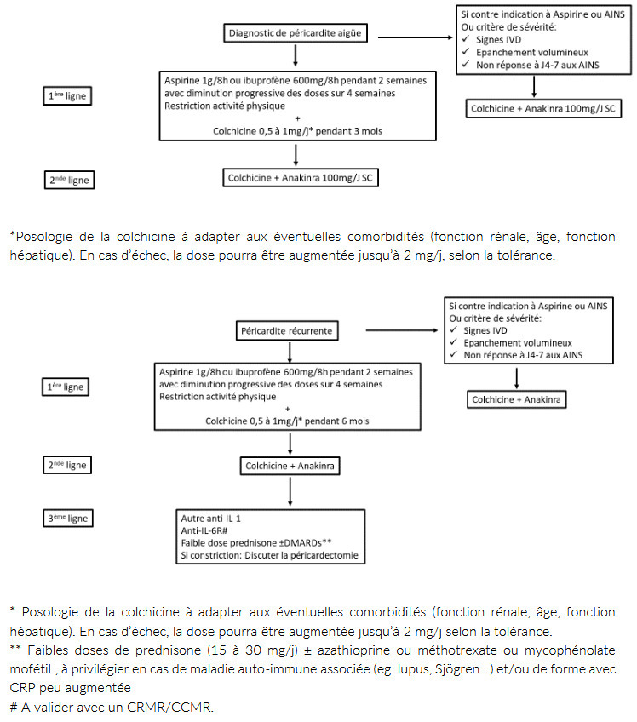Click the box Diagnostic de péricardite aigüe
[295, 34]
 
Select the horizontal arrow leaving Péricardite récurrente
[403, 329]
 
